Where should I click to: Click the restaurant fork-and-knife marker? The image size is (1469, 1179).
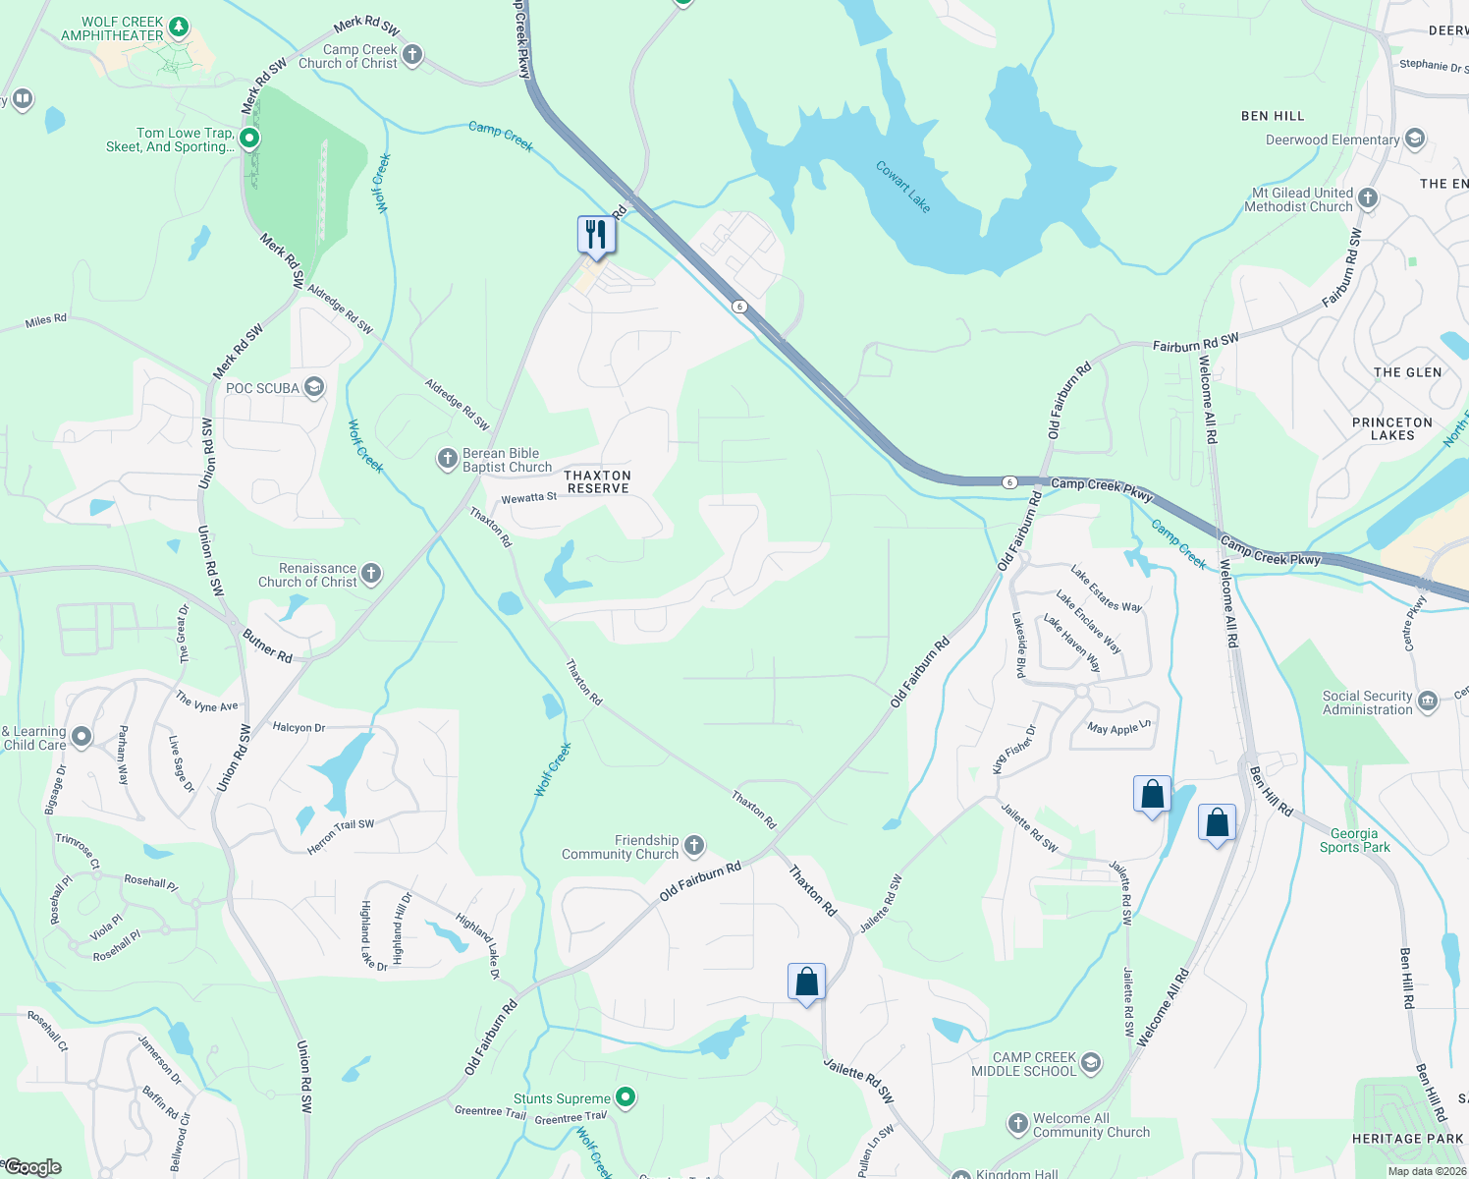[x=596, y=235]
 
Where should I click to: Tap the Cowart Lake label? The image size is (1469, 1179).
[x=902, y=187]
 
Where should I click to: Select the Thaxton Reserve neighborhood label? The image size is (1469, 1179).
[x=597, y=481]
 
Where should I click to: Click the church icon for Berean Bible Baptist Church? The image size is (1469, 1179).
[x=447, y=459]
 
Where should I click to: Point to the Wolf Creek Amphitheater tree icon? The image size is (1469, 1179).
[x=178, y=27]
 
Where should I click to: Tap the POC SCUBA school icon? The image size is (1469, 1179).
[x=314, y=387]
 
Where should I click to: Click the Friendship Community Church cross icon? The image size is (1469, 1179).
[x=694, y=846]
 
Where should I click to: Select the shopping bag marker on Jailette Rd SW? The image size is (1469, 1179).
[x=806, y=982]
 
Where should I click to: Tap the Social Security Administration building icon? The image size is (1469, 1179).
[x=1428, y=701]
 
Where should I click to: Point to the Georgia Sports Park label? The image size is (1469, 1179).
[x=1354, y=840]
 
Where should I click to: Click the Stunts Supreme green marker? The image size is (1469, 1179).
[x=626, y=1097]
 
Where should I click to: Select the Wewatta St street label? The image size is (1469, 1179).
[x=528, y=498]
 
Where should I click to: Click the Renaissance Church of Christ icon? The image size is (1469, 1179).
[x=371, y=574]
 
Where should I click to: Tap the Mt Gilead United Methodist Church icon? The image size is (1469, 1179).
[x=1367, y=199]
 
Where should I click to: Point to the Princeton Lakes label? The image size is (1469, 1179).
[x=1392, y=428]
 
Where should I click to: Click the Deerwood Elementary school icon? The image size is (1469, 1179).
[x=1415, y=139]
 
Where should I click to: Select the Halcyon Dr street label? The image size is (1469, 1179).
[x=299, y=727]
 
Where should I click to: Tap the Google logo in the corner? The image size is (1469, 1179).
[x=32, y=1167]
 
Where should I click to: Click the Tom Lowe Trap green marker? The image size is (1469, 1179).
[x=249, y=139]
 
